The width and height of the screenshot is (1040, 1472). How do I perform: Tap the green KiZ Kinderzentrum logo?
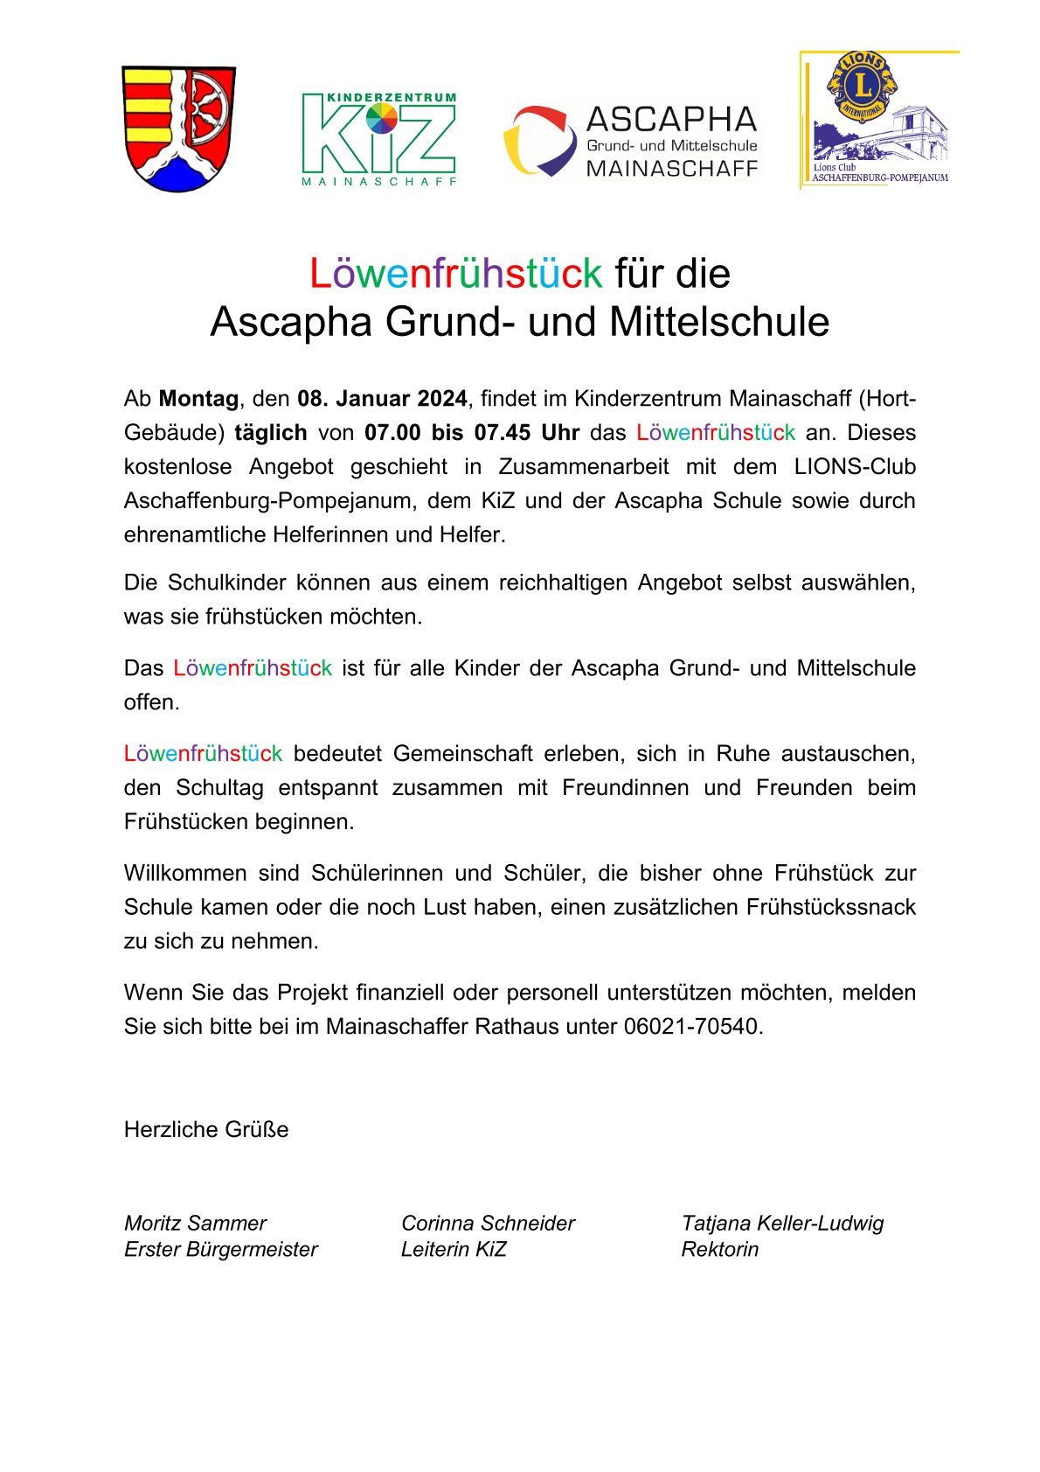pos(378,139)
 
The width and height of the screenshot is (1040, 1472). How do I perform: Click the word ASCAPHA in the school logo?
pos(671,119)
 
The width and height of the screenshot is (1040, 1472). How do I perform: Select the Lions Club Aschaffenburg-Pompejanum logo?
pos(877,120)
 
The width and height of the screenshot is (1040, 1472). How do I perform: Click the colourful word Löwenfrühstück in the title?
pos(455,274)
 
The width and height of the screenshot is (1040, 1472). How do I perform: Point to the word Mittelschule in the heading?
pos(718,322)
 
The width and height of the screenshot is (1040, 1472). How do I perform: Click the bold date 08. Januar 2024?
pos(382,399)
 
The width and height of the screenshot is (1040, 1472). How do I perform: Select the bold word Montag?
pos(198,399)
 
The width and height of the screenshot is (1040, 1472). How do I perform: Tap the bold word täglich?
pos(271,433)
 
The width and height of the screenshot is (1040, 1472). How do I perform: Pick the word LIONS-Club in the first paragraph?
pos(855,467)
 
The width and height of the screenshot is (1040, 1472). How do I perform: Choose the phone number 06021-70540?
pos(692,1027)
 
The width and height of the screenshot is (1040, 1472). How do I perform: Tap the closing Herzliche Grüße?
pos(206,1130)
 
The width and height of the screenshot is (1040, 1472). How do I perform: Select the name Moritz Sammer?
pos(195,1224)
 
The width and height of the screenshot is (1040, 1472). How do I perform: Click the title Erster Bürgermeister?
pos(220,1250)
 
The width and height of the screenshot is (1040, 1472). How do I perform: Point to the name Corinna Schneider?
pos(488,1224)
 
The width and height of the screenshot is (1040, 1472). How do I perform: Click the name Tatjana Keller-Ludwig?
pos(782,1224)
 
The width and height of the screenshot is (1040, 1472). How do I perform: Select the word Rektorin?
pos(720,1250)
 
